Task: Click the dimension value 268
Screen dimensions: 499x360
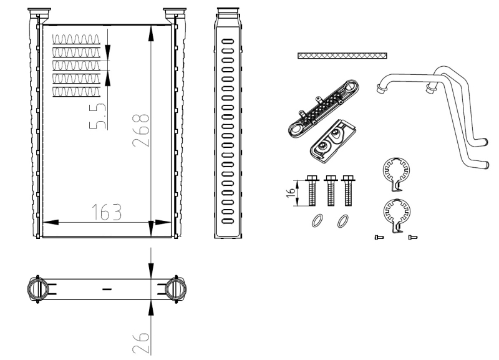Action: point(141,130)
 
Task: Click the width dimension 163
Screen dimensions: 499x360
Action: point(107,212)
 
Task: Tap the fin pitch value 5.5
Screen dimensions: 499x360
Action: point(97,116)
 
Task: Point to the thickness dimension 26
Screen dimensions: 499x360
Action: point(141,343)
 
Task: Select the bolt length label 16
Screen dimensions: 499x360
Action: point(290,193)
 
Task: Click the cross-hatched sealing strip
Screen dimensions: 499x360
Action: point(342,56)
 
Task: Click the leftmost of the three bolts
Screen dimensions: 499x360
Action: point(312,190)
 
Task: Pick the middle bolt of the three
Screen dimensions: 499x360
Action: point(331,190)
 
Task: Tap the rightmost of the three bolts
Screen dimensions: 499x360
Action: point(348,190)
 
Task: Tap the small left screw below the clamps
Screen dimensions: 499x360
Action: point(379,237)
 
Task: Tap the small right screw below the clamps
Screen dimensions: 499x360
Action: point(413,237)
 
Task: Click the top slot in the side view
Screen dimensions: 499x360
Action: point(228,41)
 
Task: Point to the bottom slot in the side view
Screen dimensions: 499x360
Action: point(228,221)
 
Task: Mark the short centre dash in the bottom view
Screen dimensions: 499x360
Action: point(107,289)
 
